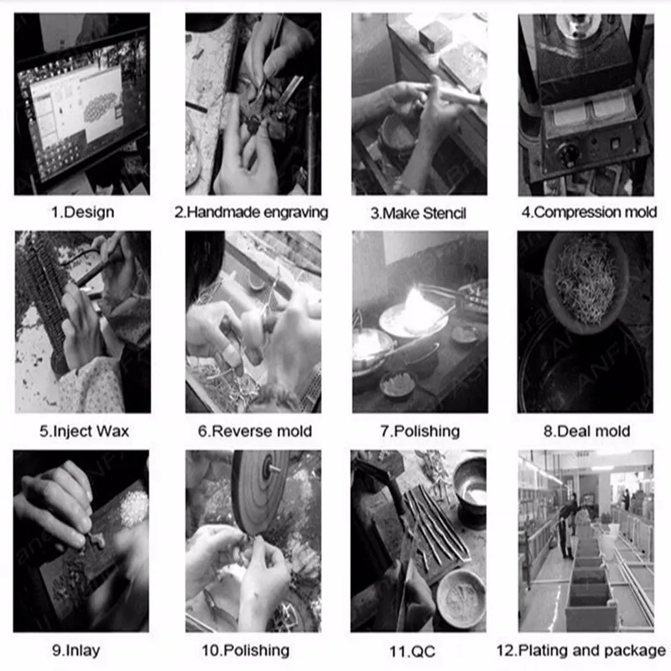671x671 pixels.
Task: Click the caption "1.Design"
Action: [x=82, y=212]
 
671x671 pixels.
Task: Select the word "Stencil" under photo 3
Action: [x=445, y=213]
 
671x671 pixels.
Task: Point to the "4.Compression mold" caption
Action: [x=589, y=212]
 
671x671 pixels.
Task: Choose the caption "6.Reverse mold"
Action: [x=255, y=431]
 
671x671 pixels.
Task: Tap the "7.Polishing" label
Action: [x=420, y=431]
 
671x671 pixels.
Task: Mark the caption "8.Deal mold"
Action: [x=586, y=431]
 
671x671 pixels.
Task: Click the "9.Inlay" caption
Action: [x=76, y=651]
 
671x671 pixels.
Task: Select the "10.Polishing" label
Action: [x=246, y=651]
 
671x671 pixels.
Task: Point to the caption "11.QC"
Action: [x=412, y=652]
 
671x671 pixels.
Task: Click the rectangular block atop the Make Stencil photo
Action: [x=435, y=34]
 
